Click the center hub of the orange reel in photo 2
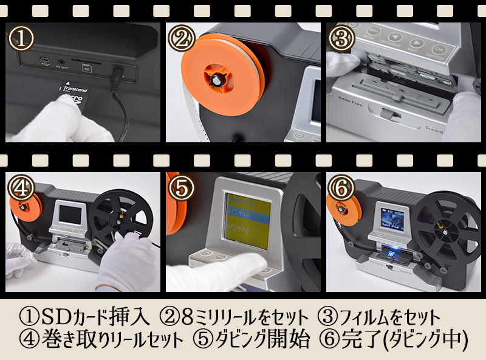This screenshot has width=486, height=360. pyautogui.click(x=216, y=78)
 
